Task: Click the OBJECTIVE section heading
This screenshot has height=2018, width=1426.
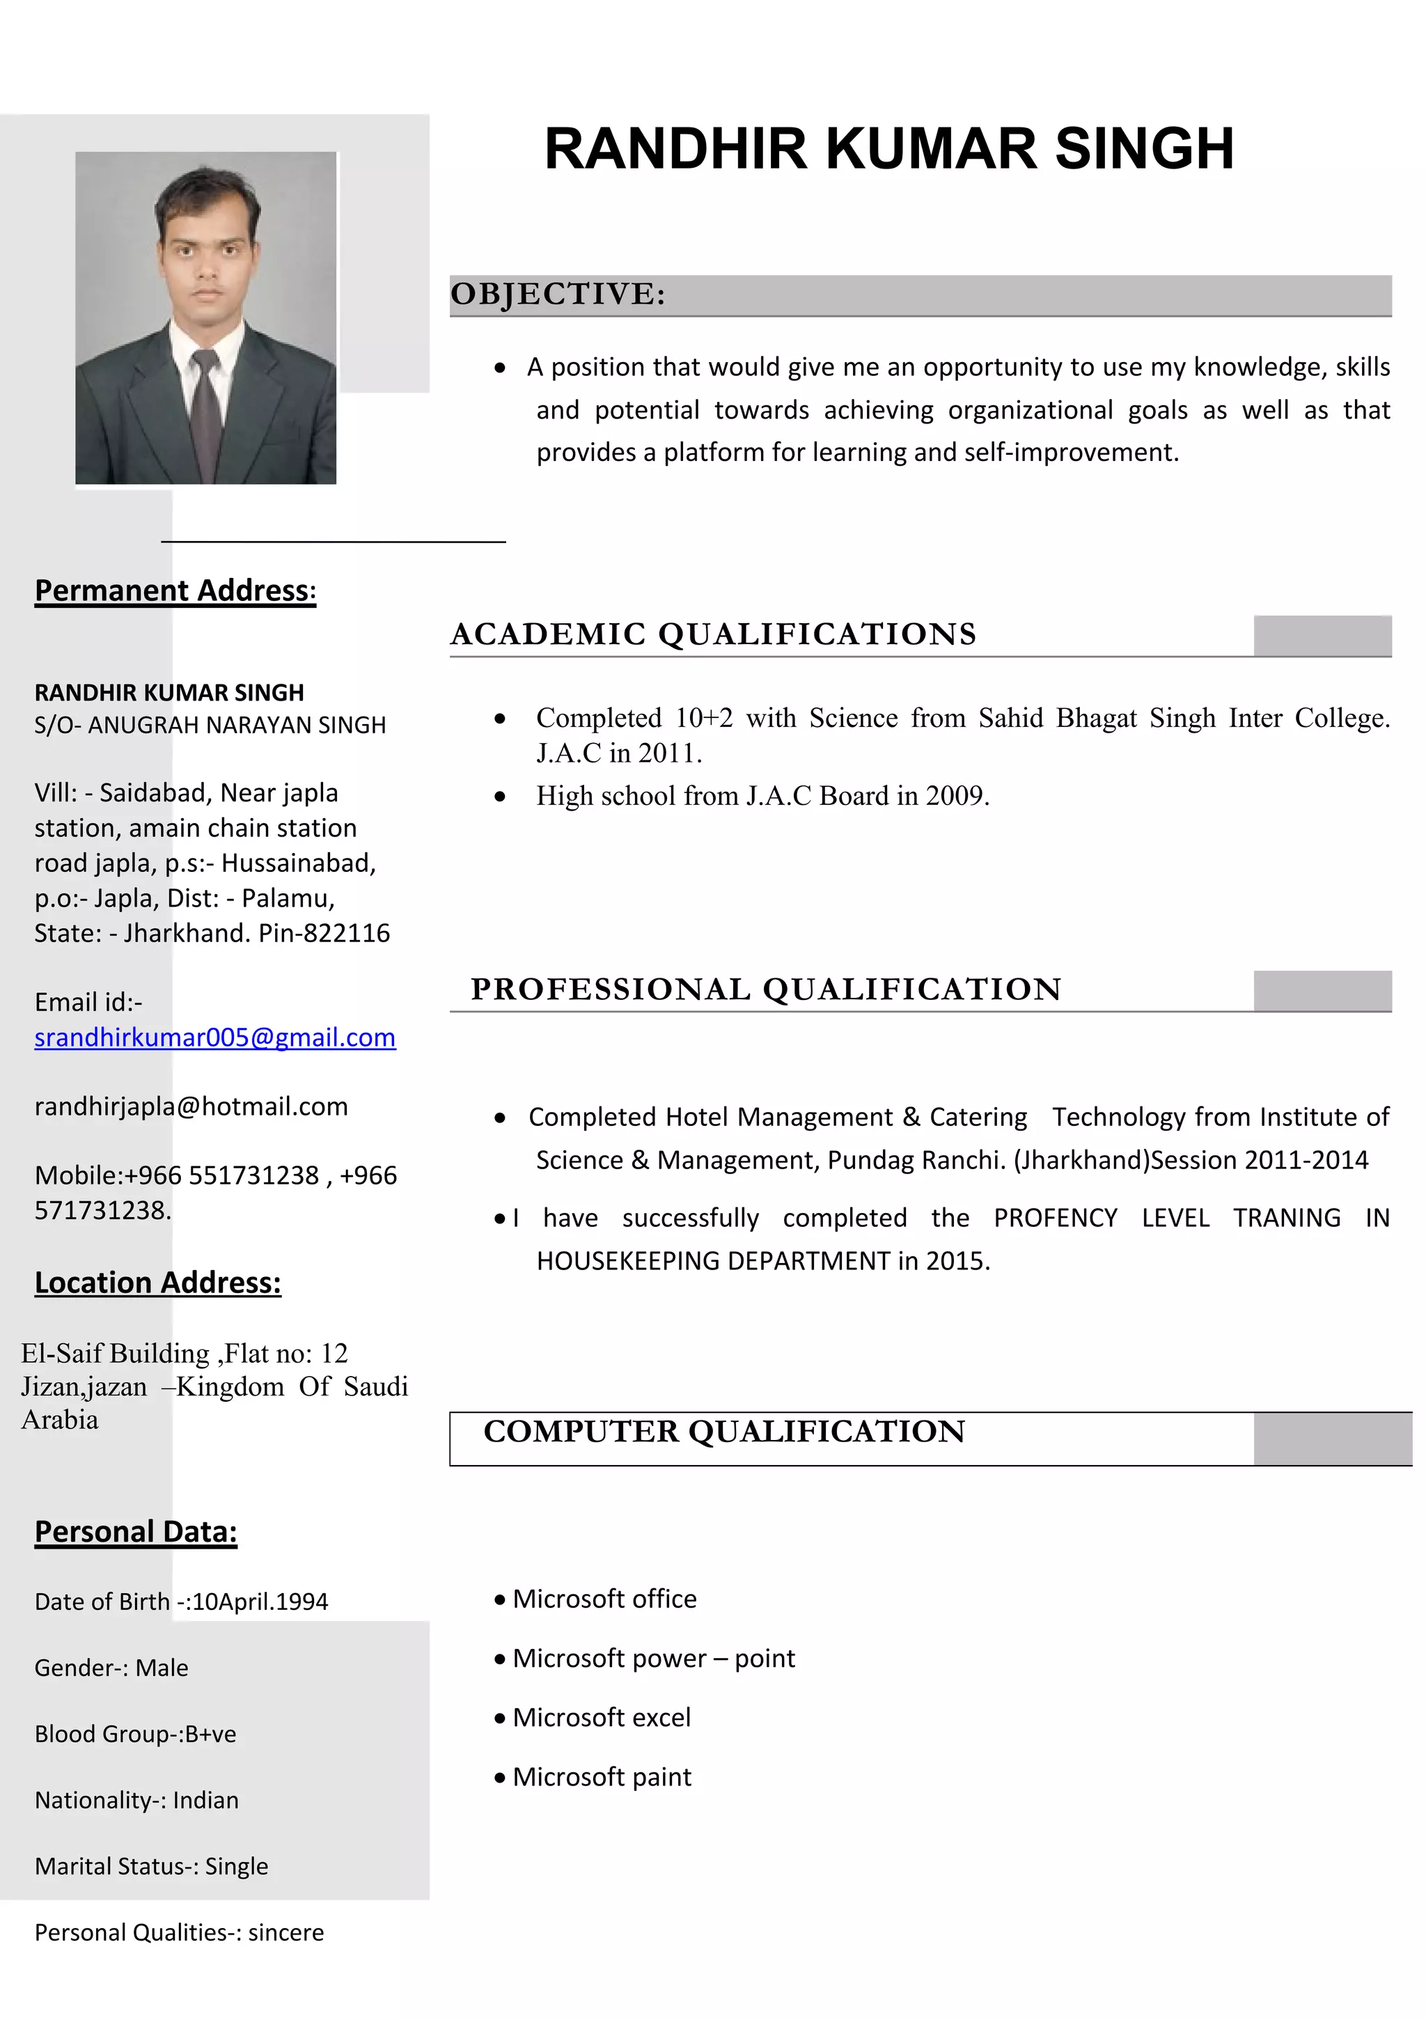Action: click(558, 295)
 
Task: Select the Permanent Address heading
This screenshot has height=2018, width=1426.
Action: click(175, 590)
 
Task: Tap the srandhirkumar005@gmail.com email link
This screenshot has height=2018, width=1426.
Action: click(214, 1038)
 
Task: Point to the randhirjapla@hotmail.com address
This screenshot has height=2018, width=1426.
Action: click(191, 1106)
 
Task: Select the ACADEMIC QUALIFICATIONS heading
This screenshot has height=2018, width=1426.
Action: click(712, 634)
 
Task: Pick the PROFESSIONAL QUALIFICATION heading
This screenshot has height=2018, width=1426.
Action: click(765, 990)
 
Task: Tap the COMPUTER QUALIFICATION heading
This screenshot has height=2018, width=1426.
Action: click(724, 1432)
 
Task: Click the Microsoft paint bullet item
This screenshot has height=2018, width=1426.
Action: click(601, 1777)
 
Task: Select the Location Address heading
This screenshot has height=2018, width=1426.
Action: click(157, 1283)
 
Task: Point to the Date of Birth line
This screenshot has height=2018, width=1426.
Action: click(181, 1602)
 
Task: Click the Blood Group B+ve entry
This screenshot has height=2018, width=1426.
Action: click(135, 1734)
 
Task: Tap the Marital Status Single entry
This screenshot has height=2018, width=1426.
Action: click(151, 1866)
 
